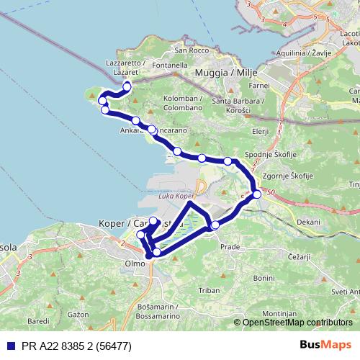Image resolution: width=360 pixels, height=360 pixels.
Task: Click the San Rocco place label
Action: point(190,50)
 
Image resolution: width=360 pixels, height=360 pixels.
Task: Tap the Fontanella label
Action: point(170,66)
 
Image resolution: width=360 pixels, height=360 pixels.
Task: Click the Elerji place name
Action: point(261,132)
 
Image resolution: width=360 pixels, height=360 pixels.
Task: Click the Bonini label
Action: point(264,278)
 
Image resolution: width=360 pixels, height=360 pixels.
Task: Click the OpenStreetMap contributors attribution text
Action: point(297,323)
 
